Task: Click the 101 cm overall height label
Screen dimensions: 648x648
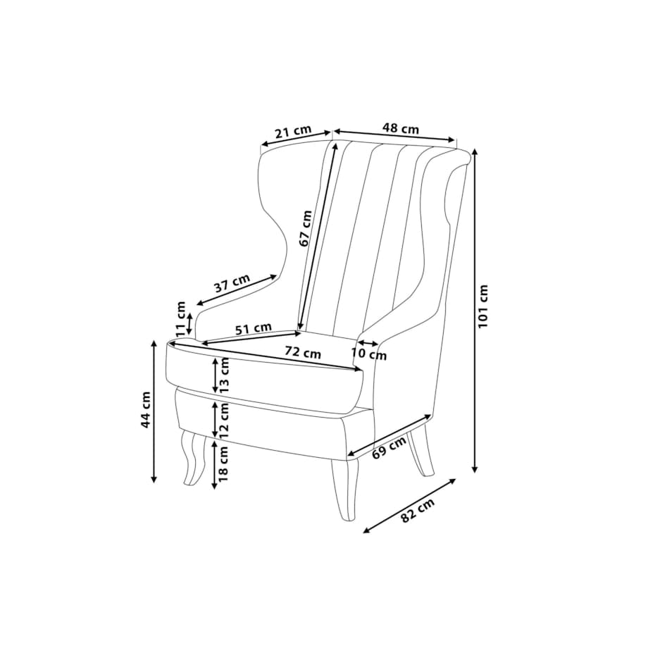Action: pyautogui.click(x=483, y=306)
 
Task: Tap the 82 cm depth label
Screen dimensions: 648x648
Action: pyautogui.click(x=418, y=511)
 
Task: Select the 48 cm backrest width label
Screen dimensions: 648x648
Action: pyautogui.click(x=401, y=128)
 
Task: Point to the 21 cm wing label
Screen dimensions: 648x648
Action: pyautogui.click(x=293, y=132)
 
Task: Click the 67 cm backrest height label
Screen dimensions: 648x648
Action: pyautogui.click(x=306, y=228)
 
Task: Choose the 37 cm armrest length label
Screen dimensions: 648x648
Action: pyautogui.click(x=232, y=283)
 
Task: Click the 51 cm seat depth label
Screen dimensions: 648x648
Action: pyautogui.click(x=254, y=329)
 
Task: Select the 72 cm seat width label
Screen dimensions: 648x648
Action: pyautogui.click(x=302, y=353)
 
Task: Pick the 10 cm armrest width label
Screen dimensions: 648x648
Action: pyautogui.click(x=369, y=354)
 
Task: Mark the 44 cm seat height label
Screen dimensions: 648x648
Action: pyautogui.click(x=146, y=410)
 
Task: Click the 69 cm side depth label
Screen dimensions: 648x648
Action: pyautogui.click(x=389, y=447)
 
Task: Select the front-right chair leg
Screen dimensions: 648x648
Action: pyautogui.click(x=345, y=489)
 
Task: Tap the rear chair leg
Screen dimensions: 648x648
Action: pyautogui.click(x=420, y=452)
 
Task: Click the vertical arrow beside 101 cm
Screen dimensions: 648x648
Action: pyautogui.click(x=475, y=311)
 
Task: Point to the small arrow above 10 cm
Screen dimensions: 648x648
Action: pyautogui.click(x=368, y=343)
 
